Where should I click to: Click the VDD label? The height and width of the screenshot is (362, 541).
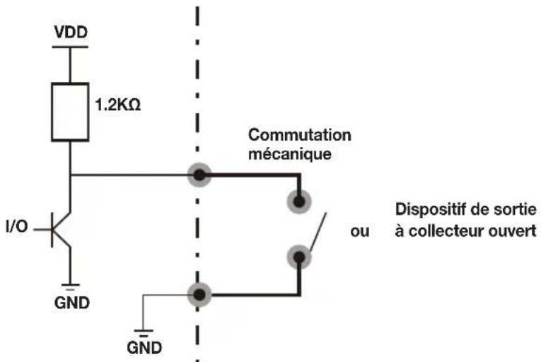[71, 33]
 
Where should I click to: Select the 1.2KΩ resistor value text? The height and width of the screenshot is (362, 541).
[117, 105]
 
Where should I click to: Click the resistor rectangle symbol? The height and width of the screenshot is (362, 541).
[70, 112]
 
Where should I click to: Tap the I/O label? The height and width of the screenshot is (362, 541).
[16, 226]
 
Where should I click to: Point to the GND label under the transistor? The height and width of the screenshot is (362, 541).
[71, 303]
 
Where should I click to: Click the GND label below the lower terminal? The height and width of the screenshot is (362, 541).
[144, 348]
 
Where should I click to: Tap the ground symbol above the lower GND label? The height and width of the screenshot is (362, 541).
[143, 332]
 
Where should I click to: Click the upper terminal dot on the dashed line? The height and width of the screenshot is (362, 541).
[199, 175]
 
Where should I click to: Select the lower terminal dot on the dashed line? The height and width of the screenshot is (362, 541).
[199, 295]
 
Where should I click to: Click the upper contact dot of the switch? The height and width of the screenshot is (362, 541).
[299, 202]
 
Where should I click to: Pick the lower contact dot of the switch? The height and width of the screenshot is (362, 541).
[299, 257]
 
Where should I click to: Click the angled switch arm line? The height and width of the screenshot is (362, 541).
[318, 233]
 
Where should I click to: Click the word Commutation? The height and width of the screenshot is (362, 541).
[299, 135]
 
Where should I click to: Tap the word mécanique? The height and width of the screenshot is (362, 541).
[290, 154]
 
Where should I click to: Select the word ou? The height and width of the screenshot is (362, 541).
[360, 232]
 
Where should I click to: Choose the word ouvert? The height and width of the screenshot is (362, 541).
[512, 231]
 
